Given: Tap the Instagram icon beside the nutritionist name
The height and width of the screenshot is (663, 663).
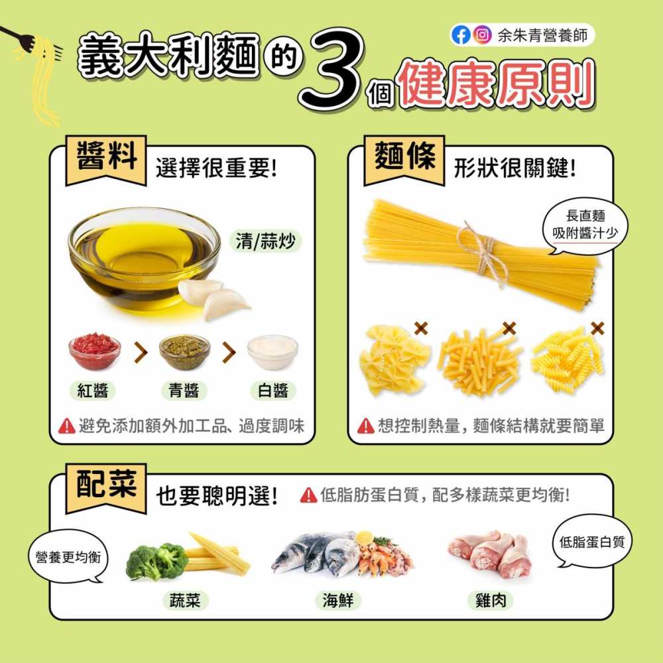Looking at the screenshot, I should tap(483, 35).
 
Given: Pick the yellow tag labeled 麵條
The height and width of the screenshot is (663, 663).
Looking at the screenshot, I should tap(404, 160).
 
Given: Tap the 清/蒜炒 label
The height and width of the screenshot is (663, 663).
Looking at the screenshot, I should tap(265, 241).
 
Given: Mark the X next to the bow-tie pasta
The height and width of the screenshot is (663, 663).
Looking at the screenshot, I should tap(420, 328).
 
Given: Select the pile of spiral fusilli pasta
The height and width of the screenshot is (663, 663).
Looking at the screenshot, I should tap(568, 361).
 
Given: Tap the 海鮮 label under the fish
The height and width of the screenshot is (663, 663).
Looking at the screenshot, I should tap(337, 601).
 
